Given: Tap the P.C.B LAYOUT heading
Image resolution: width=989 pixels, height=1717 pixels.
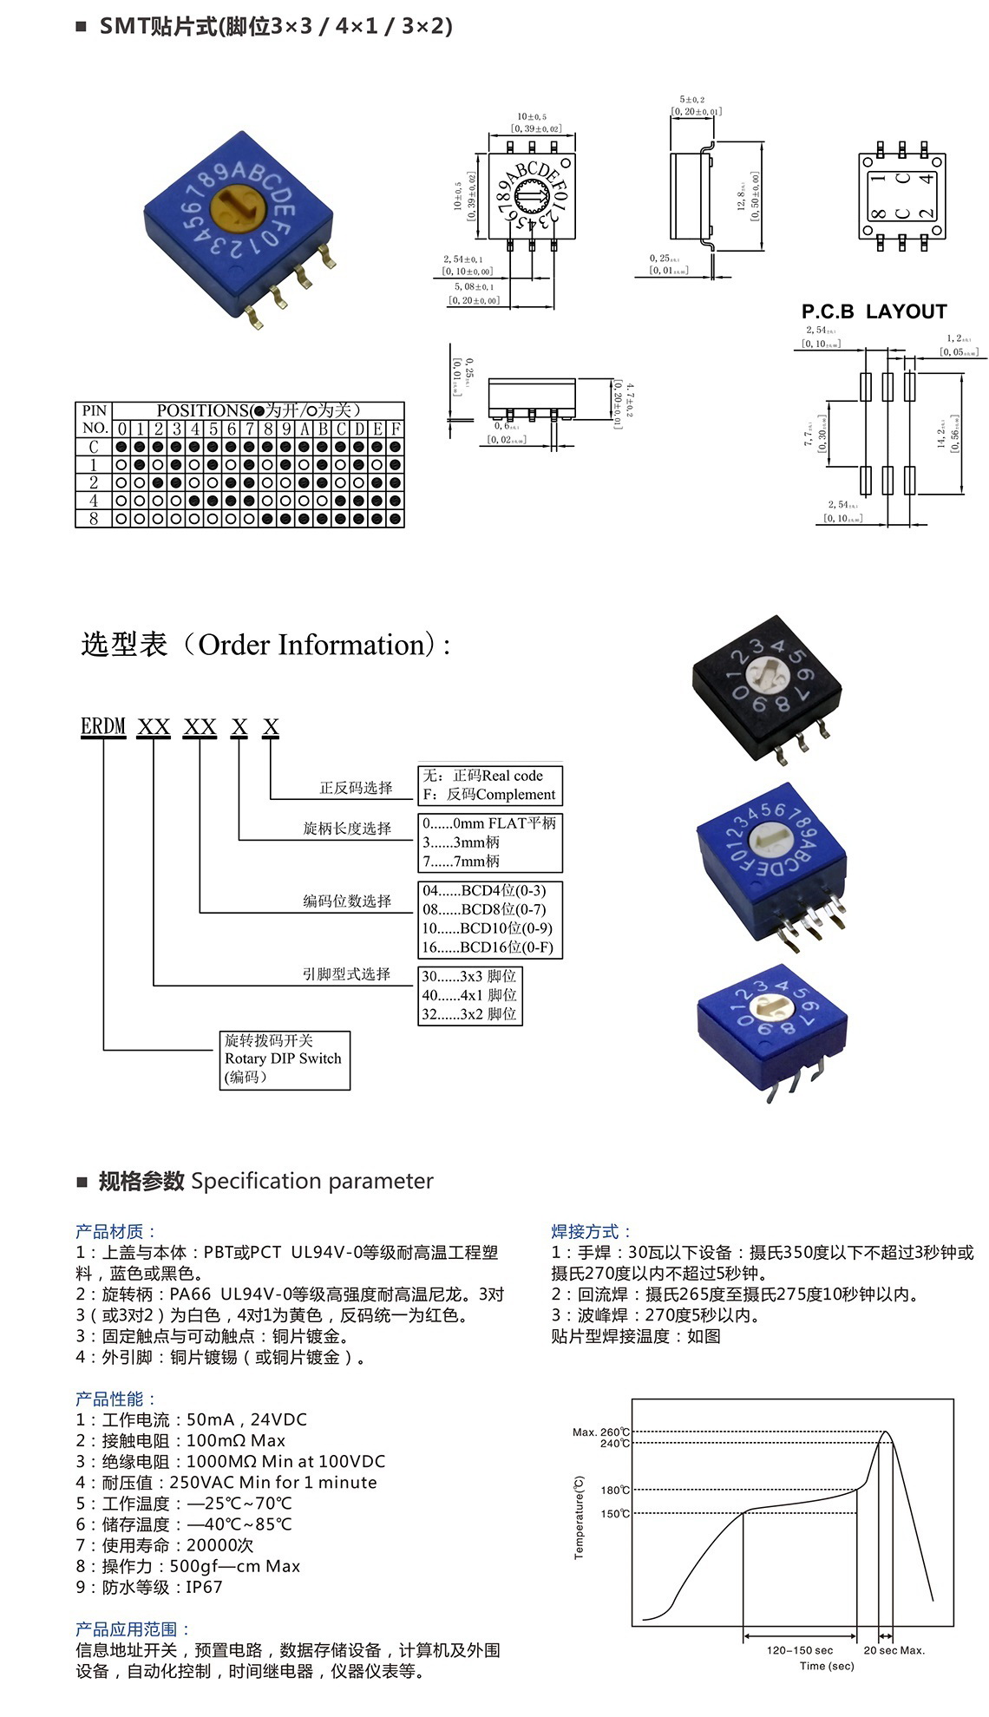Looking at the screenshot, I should (x=874, y=311).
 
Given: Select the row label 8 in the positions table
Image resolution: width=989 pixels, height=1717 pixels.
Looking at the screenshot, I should (x=94, y=519).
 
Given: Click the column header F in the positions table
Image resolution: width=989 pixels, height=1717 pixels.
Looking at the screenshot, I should (x=396, y=429).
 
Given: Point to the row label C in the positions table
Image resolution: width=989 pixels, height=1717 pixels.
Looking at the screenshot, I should (x=94, y=447).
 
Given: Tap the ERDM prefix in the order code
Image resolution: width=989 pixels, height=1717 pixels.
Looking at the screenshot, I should (x=103, y=726).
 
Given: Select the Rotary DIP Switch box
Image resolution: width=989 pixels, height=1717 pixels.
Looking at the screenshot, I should (x=285, y=1059).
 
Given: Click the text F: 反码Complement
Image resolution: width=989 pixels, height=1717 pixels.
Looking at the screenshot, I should (x=489, y=795).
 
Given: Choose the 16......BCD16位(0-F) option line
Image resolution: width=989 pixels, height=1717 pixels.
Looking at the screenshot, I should (x=488, y=947).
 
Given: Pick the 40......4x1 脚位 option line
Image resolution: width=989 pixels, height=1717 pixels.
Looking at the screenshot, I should (x=469, y=995).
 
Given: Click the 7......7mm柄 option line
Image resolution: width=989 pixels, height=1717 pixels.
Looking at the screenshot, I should (x=462, y=861).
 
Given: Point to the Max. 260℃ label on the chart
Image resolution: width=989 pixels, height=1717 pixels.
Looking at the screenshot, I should (x=600, y=1432).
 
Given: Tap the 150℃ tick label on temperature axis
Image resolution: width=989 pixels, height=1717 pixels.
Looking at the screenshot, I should (x=615, y=1514).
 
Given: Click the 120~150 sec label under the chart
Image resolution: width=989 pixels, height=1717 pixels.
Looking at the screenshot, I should (x=799, y=1650).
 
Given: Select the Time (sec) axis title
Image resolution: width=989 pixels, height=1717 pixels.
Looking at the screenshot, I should (x=827, y=1666).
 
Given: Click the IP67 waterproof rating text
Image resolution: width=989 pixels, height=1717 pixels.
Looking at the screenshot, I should (x=204, y=1587).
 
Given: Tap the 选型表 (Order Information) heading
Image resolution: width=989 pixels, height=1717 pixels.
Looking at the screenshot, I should (x=265, y=645).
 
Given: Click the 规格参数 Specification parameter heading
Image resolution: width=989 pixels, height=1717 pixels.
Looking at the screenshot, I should (x=265, y=1181).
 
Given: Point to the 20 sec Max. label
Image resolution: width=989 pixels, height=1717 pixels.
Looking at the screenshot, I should (x=894, y=1650).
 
